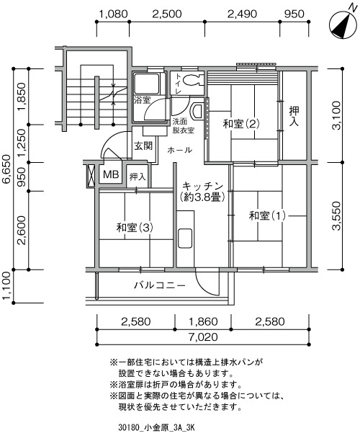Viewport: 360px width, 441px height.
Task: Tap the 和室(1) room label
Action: point(267,216)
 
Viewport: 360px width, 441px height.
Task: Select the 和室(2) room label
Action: point(241,124)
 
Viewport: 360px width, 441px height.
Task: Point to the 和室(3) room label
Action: point(135,228)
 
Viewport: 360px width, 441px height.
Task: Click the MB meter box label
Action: point(111,174)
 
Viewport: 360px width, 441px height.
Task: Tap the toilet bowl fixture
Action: point(193,79)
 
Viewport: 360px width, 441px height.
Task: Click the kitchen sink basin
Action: point(185,239)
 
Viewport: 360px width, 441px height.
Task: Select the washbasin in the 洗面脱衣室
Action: point(197,110)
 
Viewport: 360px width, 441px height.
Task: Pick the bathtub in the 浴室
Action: point(146,84)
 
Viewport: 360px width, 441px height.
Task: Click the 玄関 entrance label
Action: point(143,146)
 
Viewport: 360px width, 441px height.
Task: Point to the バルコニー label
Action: point(160,286)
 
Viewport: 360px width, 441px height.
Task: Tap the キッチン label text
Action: point(202,186)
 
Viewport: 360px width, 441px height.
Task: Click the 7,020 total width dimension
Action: point(203,337)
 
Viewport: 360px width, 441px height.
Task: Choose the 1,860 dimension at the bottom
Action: point(203,321)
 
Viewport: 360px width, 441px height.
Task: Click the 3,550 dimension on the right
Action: point(336,215)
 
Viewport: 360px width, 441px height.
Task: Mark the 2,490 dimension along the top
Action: point(242,14)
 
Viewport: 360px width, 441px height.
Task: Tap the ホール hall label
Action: point(180,150)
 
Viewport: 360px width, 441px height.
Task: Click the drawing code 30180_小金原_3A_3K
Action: point(156,428)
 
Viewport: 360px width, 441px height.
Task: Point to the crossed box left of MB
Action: point(91,175)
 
